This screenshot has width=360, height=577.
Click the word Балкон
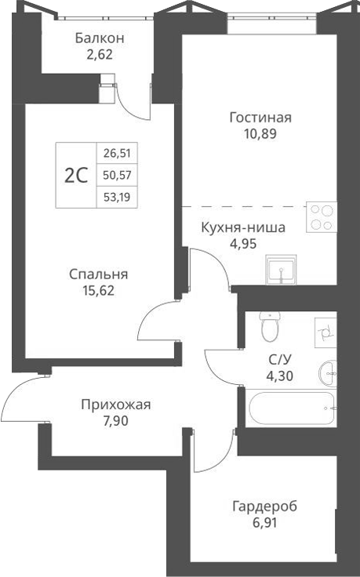coord(100,38)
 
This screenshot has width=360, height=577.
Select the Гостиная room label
coord(260,118)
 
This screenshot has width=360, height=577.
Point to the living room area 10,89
coord(260,133)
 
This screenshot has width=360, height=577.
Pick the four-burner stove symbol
coord(322,216)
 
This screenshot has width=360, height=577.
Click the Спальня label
coord(98,274)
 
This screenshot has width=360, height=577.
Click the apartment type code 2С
coord(75,176)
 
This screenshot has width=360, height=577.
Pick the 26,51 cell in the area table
coord(115,154)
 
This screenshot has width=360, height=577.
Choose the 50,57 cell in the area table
coord(115,176)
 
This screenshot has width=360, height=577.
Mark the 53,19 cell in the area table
coord(115,198)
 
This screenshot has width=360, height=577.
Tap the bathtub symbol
coord(291,408)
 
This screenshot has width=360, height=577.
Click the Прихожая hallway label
coord(115,405)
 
